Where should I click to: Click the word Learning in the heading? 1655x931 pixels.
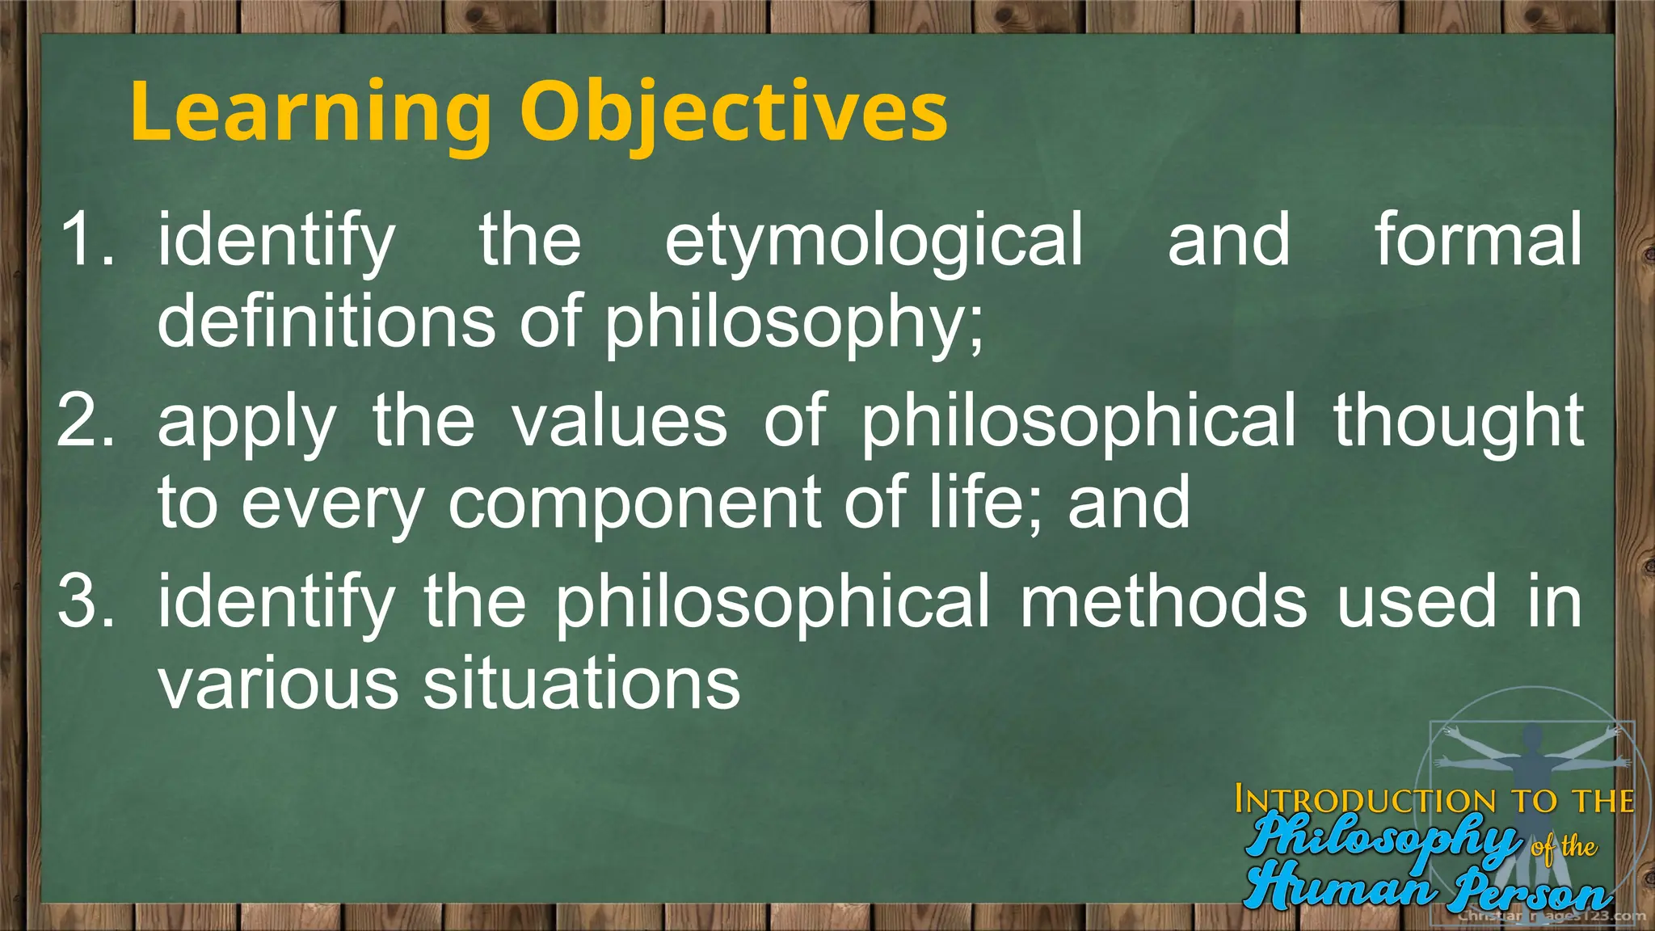pyautogui.click(x=310, y=113)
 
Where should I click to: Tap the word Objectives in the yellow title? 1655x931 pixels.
pyautogui.click(x=734, y=113)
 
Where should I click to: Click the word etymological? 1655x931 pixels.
pyautogui.click(x=874, y=241)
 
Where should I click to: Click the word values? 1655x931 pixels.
pyautogui.click(x=620, y=422)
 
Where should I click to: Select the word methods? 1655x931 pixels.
pyautogui.click(x=1163, y=601)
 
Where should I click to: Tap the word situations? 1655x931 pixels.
pyautogui.click(x=582, y=684)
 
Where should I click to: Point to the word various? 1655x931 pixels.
pyautogui.click(x=278, y=684)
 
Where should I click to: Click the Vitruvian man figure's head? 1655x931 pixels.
pyautogui.click(x=1531, y=736)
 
